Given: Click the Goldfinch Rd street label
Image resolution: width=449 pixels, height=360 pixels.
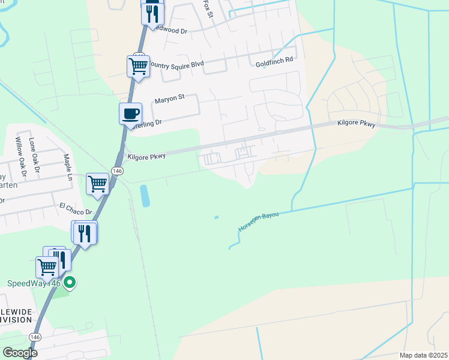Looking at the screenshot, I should [274, 61].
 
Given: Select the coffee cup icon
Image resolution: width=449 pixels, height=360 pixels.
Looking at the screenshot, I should [130, 113].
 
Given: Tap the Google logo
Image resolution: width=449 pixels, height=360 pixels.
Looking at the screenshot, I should [20, 352].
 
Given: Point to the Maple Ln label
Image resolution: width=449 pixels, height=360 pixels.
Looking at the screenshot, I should [68, 167].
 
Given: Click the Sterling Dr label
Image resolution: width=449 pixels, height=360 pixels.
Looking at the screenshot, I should [147, 122].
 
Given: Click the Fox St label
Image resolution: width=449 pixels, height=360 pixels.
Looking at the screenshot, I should [208, 8].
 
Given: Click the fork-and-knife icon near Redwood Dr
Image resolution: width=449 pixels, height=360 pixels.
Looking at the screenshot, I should [152, 12].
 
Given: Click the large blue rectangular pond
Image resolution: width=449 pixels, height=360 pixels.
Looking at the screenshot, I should [145, 196].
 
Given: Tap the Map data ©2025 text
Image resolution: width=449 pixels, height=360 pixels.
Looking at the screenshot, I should [423, 355].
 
